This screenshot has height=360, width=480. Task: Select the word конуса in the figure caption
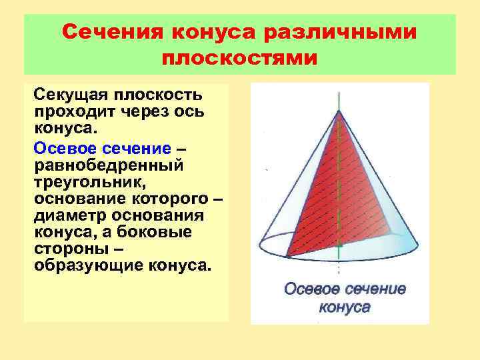point(345,307)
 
